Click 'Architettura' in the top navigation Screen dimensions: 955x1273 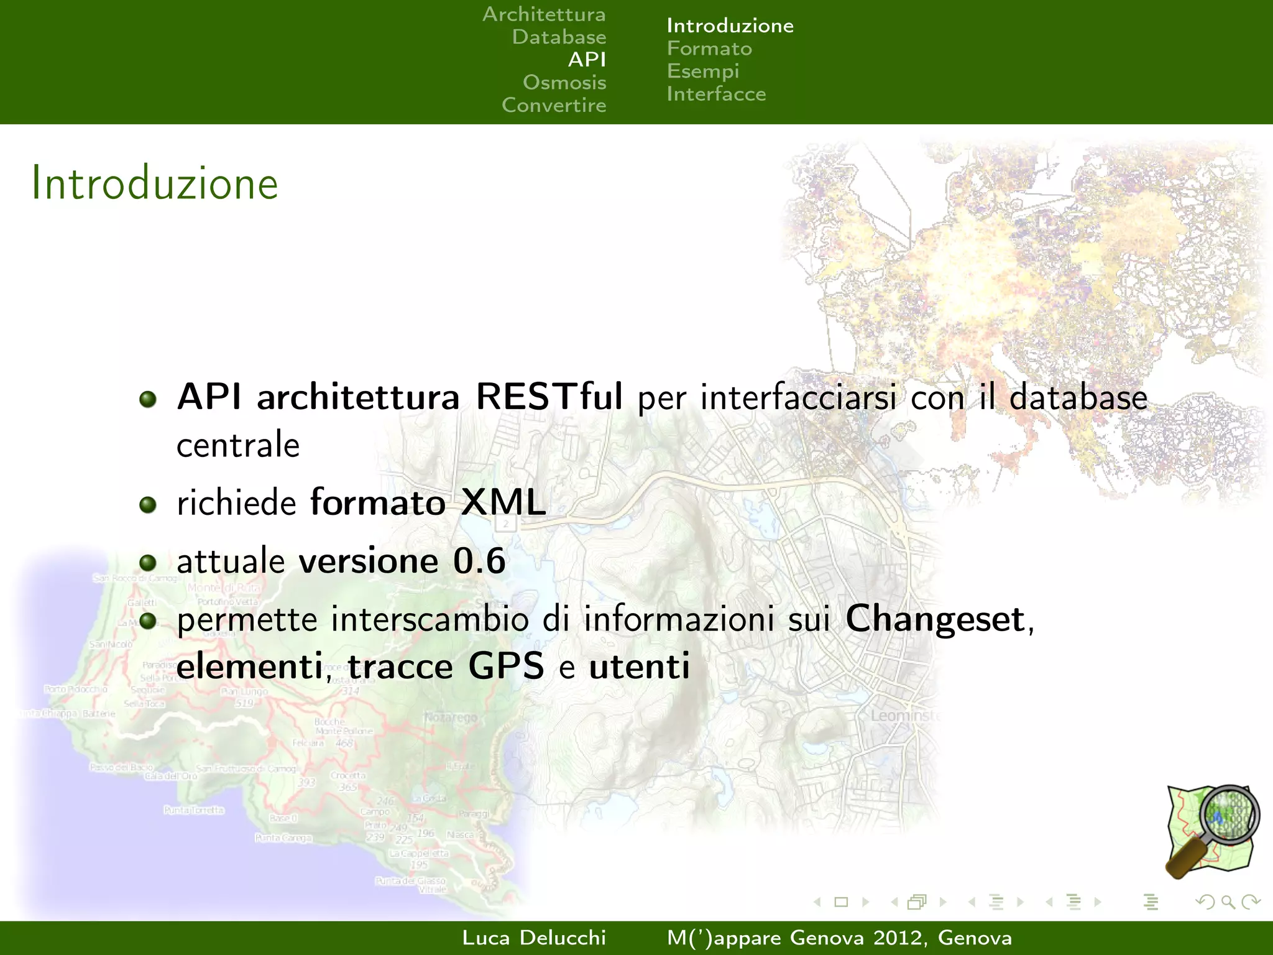coord(544,14)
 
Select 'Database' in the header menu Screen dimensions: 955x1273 coord(559,37)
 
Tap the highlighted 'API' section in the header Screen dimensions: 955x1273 coord(587,60)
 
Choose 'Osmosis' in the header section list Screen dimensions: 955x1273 coord(564,83)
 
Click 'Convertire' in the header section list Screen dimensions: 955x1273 coord(554,105)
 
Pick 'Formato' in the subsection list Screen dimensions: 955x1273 coord(709,48)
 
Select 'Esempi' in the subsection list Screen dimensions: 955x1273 coord(703,72)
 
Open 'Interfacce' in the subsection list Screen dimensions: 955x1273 coord(716,94)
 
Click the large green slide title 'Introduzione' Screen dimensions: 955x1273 coord(155,183)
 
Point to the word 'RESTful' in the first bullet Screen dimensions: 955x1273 coord(549,397)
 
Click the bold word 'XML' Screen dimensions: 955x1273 coord(503,502)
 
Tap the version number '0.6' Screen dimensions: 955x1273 coord(479,561)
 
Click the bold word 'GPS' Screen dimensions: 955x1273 coord(506,667)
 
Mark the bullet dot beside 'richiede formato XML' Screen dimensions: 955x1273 coord(148,504)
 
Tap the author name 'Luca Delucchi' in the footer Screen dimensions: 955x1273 coord(534,938)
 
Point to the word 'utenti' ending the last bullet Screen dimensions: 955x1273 coord(639,667)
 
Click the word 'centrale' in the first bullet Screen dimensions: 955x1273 coord(238,445)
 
